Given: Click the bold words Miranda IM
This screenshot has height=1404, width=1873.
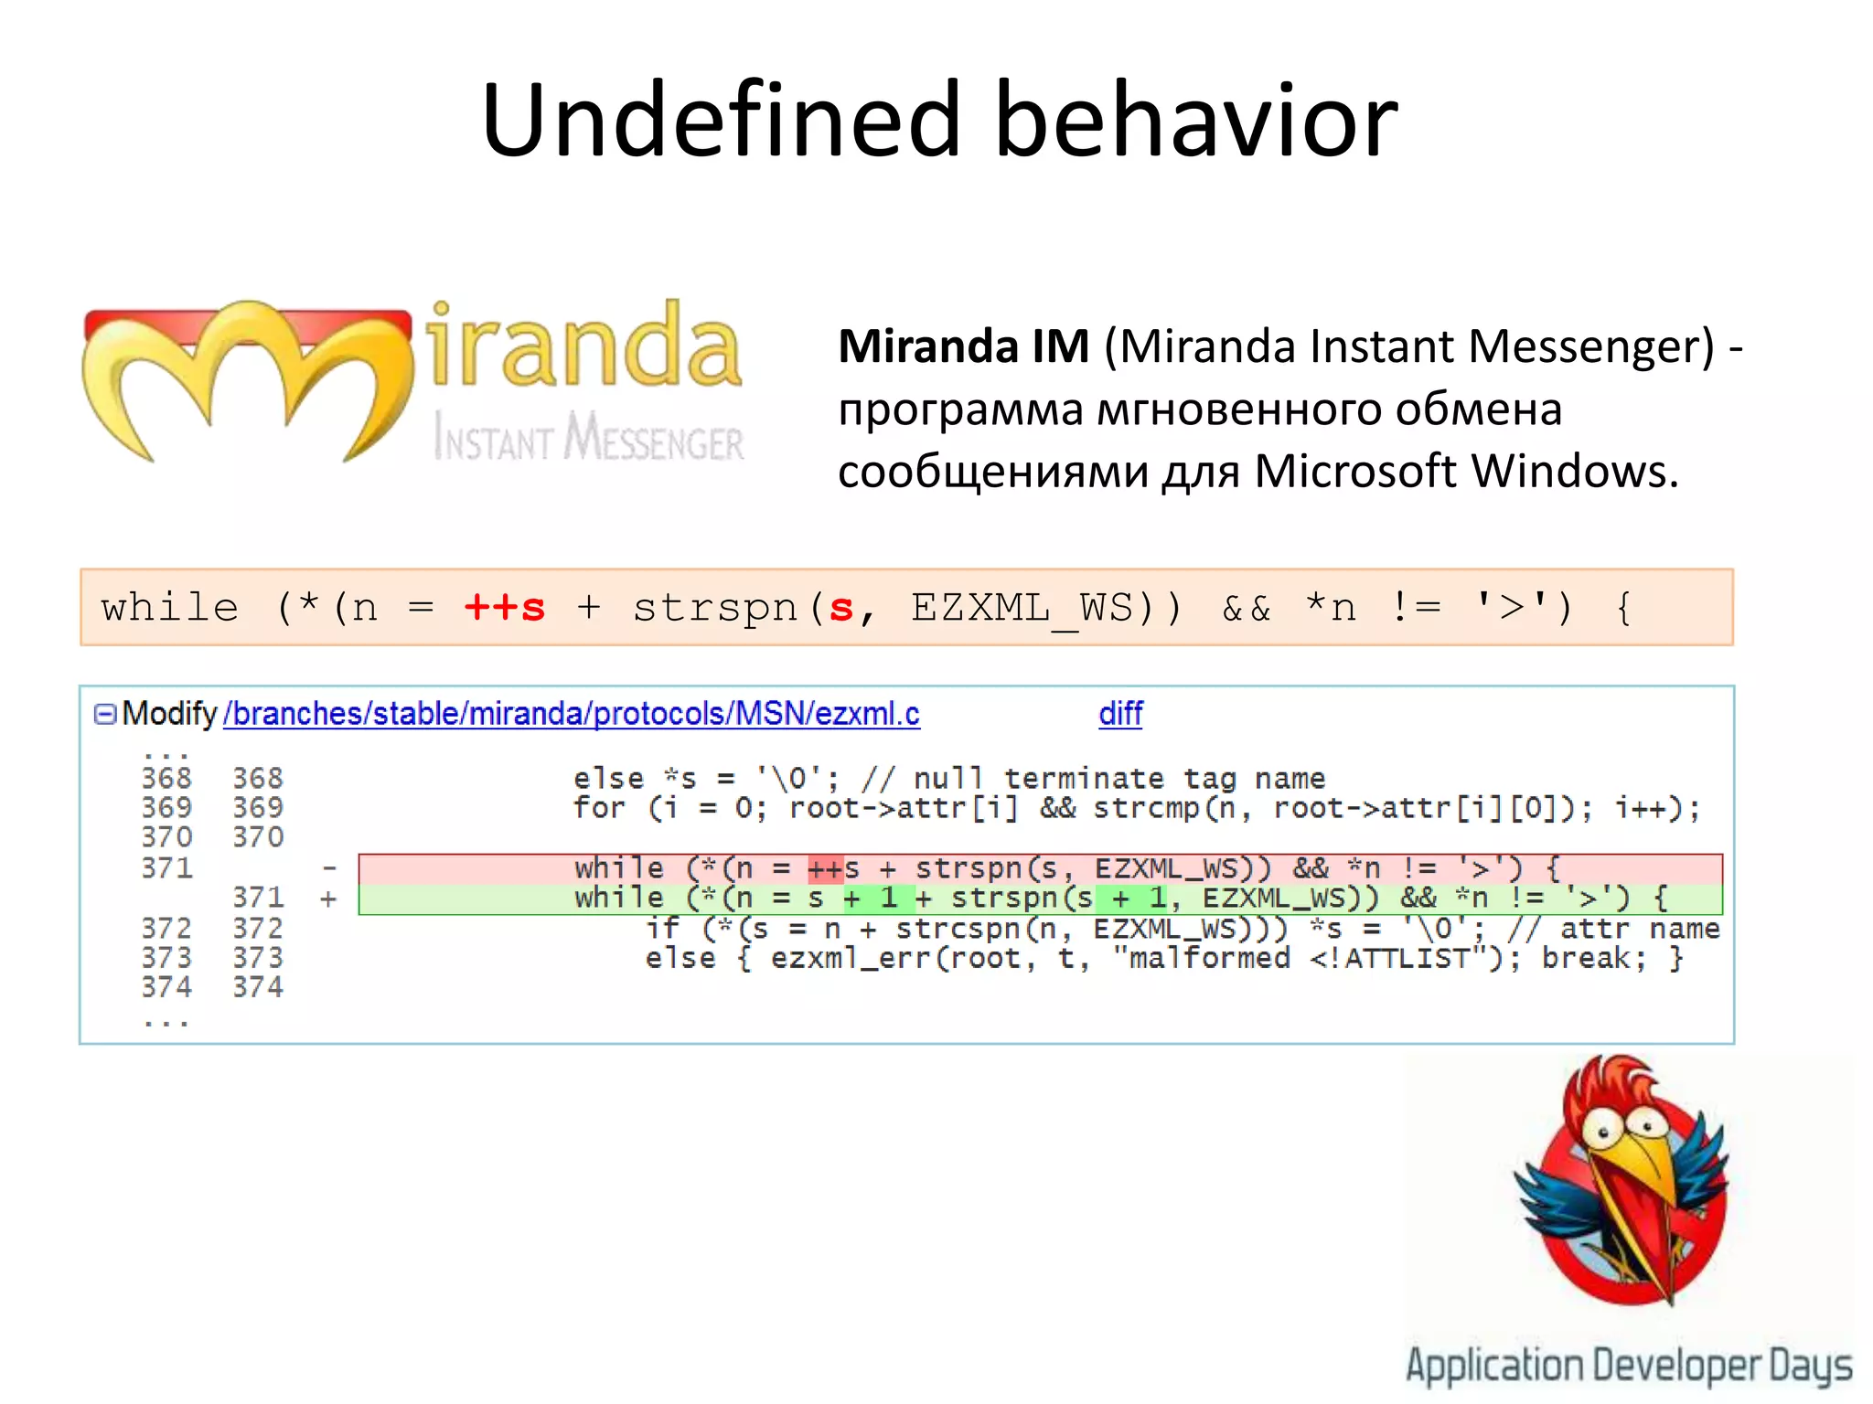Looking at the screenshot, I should (x=963, y=347).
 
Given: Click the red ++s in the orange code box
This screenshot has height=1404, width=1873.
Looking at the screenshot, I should (x=505, y=608).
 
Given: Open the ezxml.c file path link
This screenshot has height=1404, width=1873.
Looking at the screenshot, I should (x=572, y=714).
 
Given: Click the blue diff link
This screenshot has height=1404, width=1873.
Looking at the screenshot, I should (x=1120, y=714).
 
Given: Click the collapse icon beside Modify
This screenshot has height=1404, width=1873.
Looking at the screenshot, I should (x=105, y=714).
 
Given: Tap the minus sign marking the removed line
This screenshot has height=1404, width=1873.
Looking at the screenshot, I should (x=329, y=868).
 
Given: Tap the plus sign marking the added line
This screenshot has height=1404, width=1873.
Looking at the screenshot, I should (x=329, y=899).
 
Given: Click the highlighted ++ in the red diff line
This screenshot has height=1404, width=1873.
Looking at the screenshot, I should (x=825, y=868).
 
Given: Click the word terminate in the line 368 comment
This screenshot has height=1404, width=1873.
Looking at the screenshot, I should (x=1084, y=779).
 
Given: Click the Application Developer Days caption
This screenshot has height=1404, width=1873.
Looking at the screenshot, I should (x=1629, y=1366).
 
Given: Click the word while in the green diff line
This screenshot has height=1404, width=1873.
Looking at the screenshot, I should (x=618, y=899).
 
